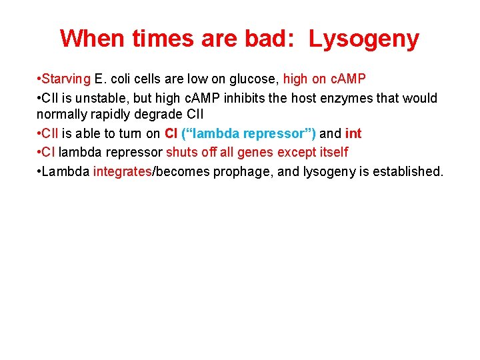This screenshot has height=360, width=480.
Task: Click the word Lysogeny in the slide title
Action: coord(364,39)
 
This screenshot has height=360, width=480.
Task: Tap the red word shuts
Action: coord(181,153)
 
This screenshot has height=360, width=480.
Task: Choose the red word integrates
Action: coord(123,171)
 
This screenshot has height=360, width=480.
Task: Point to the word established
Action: coord(408,171)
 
